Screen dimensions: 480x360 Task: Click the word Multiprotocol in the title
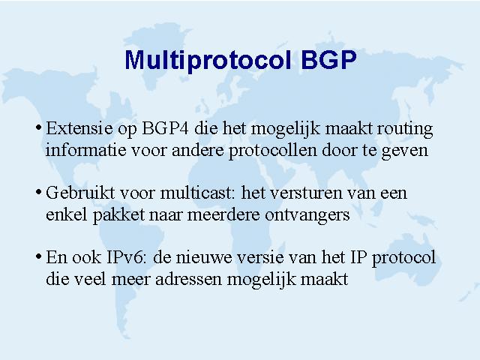[208, 60]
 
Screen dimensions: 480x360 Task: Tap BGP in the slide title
[328, 59]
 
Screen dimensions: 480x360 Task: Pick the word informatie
[86, 150]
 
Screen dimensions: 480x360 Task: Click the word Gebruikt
[80, 193]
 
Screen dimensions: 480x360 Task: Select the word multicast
[197, 193]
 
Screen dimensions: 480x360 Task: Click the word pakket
[118, 215]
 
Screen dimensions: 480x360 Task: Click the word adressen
[188, 279]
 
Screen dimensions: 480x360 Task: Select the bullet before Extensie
[38, 127]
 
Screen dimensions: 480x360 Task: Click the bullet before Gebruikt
[38, 192]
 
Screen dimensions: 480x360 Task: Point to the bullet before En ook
[38, 256]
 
